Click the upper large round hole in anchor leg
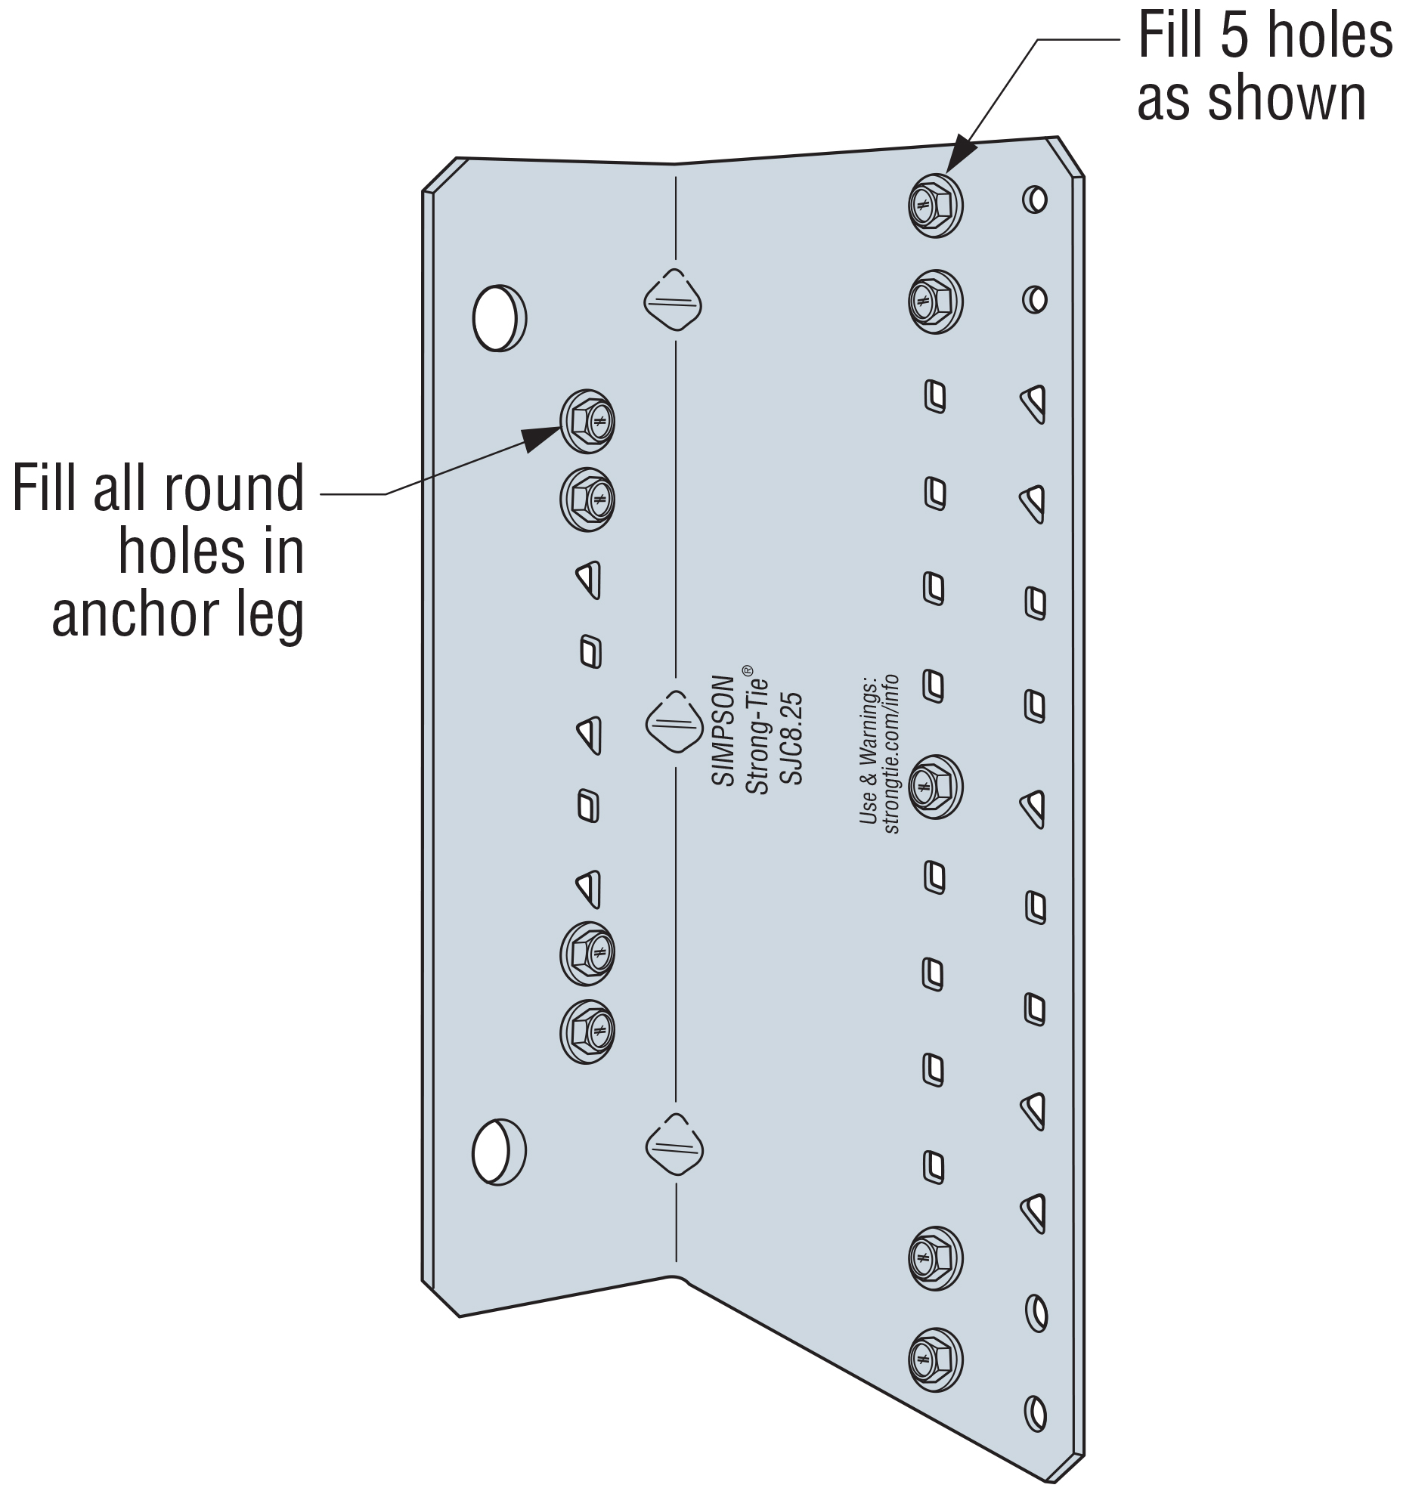pyautogui.click(x=499, y=317)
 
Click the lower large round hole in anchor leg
pyautogui.click(x=499, y=1152)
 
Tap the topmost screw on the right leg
pyautogui.click(x=935, y=206)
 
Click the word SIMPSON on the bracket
pyautogui.click(x=723, y=730)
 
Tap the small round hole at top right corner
pyautogui.click(x=1035, y=200)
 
